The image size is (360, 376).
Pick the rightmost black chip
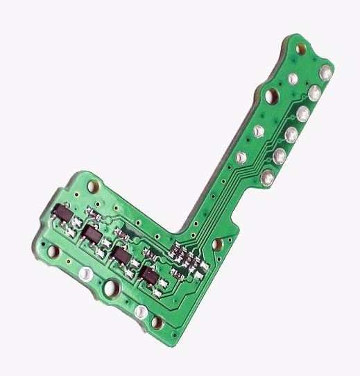(149, 277)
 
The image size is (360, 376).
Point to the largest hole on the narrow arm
(273, 94)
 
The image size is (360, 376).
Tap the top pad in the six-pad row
(326, 72)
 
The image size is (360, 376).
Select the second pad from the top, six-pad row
(314, 91)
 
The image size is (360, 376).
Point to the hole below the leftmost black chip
(50, 247)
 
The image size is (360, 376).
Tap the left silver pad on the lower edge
(86, 275)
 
